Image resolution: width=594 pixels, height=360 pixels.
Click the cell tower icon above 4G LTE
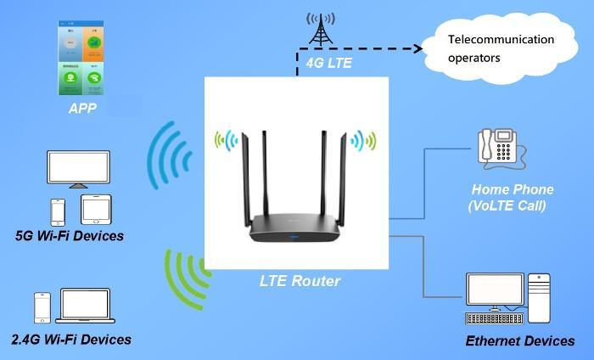(320, 30)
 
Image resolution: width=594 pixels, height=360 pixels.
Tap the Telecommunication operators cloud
(501, 48)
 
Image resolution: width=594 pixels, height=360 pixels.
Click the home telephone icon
(499, 146)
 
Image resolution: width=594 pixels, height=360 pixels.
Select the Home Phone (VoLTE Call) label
(512, 197)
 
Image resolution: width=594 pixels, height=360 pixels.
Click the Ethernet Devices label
(519, 341)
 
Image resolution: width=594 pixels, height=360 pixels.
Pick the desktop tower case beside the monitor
(539, 297)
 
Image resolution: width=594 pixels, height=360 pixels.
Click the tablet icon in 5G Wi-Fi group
(95, 209)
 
